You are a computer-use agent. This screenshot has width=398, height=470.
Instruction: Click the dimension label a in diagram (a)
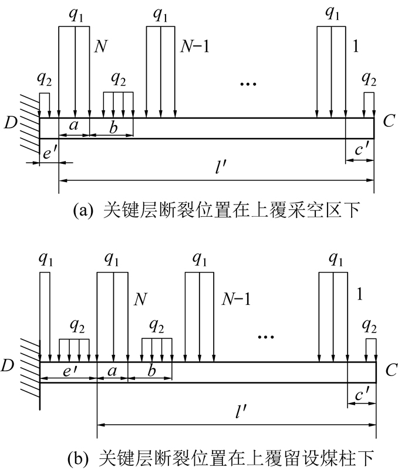pos(73,126)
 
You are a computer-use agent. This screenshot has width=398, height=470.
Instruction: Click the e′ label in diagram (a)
pos(49,153)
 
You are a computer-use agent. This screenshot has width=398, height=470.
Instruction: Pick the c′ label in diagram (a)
pos(360,151)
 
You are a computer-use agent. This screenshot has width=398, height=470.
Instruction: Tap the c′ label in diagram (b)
pos(362,397)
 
